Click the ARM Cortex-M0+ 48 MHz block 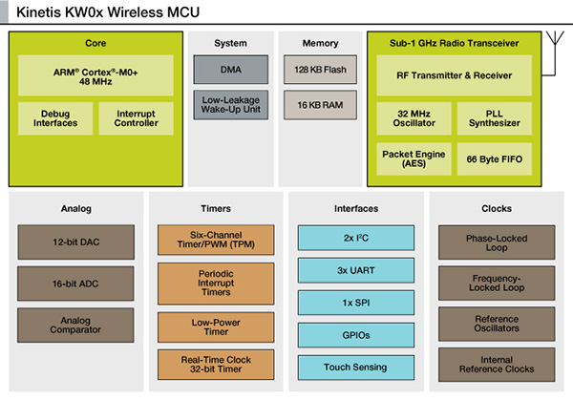[95, 74]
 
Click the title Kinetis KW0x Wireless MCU [109, 12]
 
